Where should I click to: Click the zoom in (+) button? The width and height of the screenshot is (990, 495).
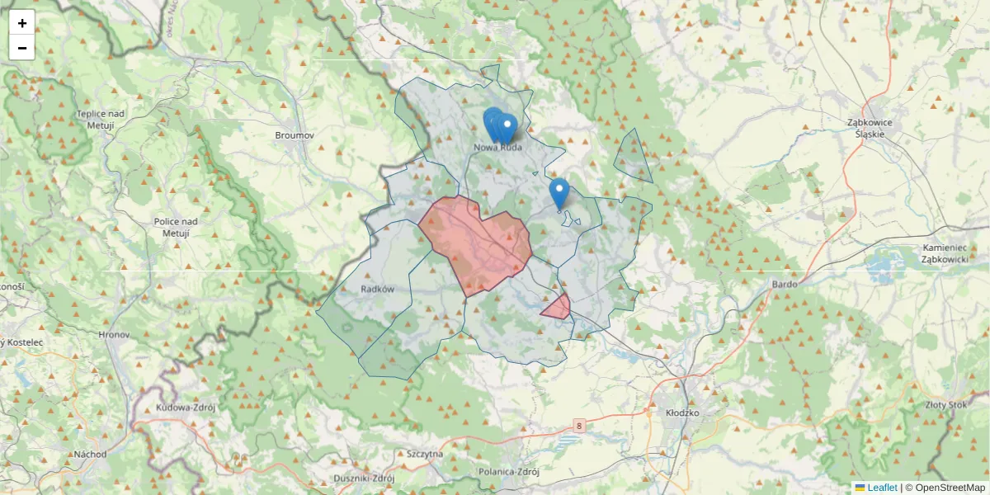pos(22,23)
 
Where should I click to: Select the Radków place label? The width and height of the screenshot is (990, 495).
pos(378,289)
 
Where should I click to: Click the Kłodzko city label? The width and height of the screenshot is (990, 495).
pos(681,412)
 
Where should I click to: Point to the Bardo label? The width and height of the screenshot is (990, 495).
pos(785,284)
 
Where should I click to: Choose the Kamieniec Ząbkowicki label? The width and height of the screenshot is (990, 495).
pos(945,253)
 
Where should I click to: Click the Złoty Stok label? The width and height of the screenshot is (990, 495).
pos(946,404)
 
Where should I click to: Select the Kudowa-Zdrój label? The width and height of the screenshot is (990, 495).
pos(185,408)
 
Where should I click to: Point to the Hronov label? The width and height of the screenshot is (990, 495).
pos(114,336)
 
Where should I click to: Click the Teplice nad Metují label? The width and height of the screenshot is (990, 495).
pos(99,120)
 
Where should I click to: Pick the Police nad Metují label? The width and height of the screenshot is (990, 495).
pos(176,227)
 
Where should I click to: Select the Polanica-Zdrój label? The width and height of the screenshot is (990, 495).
pos(508,472)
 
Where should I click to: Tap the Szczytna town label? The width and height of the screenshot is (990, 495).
pos(425,454)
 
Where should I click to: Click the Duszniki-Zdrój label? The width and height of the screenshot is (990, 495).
pos(364,478)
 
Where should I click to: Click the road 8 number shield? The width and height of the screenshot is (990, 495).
pos(580,426)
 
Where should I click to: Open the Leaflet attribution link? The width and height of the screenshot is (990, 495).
pos(882,488)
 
